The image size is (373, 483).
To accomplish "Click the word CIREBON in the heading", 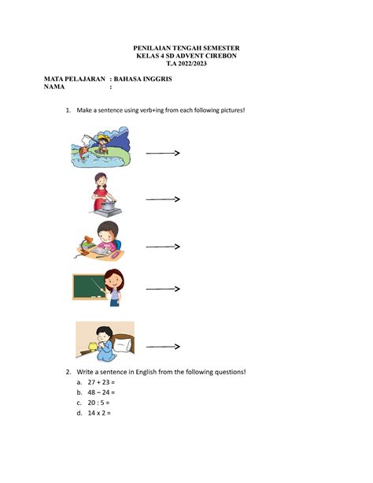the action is pyautogui.click(x=220, y=56).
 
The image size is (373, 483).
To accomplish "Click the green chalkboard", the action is pyautogui.click(x=88, y=287).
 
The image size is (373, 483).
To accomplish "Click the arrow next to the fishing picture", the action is pyautogui.click(x=164, y=153).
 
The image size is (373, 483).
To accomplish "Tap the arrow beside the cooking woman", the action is pyautogui.click(x=163, y=199).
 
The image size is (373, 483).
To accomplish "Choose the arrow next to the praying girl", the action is pyautogui.click(x=163, y=347).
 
